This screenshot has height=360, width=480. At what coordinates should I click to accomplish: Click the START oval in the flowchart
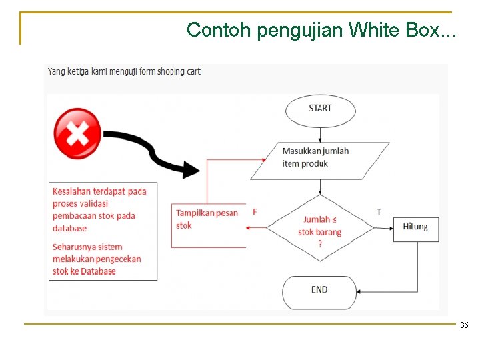coord(319,109)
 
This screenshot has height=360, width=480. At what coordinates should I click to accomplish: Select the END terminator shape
coord(319,291)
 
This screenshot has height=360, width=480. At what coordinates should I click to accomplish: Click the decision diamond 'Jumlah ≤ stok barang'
coord(320,227)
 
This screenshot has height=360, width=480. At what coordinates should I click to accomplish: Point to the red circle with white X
coord(77,134)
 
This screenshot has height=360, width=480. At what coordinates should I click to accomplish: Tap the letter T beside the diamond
coord(379,212)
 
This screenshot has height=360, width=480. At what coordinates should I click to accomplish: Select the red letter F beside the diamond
coord(255,212)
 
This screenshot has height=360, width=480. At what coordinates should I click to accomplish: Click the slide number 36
coord(464,325)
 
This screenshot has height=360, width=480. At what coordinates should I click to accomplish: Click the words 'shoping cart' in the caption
coord(179,71)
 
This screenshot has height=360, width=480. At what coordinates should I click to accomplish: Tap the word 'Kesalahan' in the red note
coord(71,191)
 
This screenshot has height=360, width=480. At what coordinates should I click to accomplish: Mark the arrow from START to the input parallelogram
coord(320,135)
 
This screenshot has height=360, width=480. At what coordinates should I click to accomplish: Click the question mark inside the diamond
coord(320,244)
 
